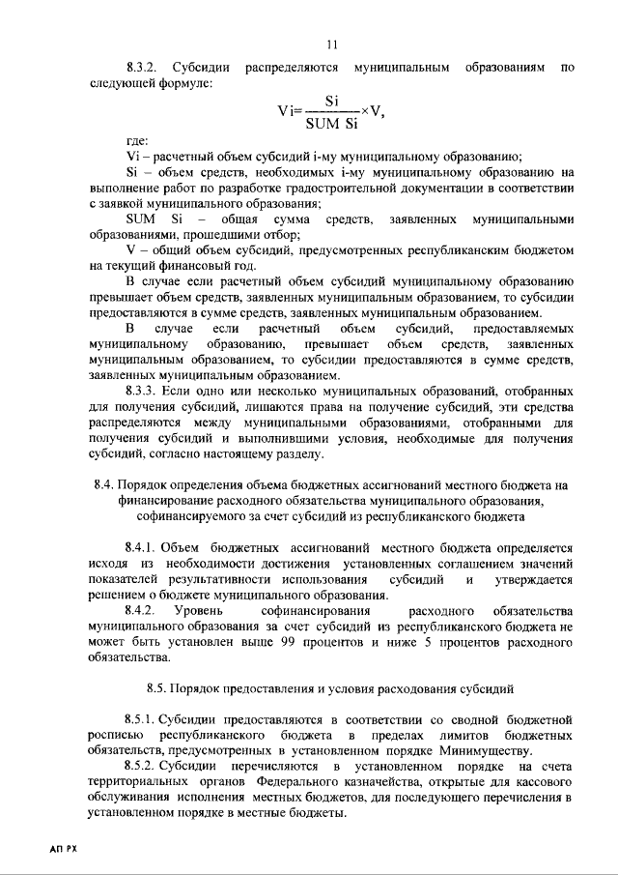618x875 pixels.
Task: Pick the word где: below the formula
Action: (x=137, y=142)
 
